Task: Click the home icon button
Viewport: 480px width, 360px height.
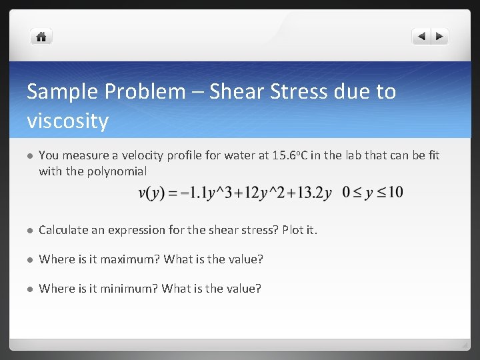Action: click(x=41, y=37)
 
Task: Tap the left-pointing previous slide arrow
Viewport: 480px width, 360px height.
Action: click(x=421, y=37)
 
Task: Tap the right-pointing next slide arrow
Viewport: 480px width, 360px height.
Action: click(x=441, y=37)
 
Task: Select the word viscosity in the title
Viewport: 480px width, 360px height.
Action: click(x=67, y=121)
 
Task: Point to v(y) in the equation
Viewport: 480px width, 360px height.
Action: click(x=151, y=193)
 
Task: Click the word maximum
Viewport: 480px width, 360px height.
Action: click(x=132, y=259)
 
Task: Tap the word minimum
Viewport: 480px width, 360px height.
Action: click(x=131, y=289)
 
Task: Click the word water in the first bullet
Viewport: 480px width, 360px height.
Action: click(x=241, y=155)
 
